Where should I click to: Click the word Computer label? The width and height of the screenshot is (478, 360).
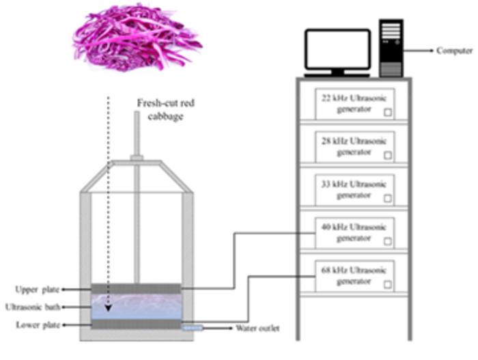pos(454,51)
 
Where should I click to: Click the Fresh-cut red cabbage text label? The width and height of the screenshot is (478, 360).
pos(158,109)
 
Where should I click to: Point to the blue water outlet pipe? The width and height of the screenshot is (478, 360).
pos(192,329)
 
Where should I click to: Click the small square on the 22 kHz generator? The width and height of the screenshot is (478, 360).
pos(387,112)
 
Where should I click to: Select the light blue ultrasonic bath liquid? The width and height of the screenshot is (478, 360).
pos(136,307)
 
